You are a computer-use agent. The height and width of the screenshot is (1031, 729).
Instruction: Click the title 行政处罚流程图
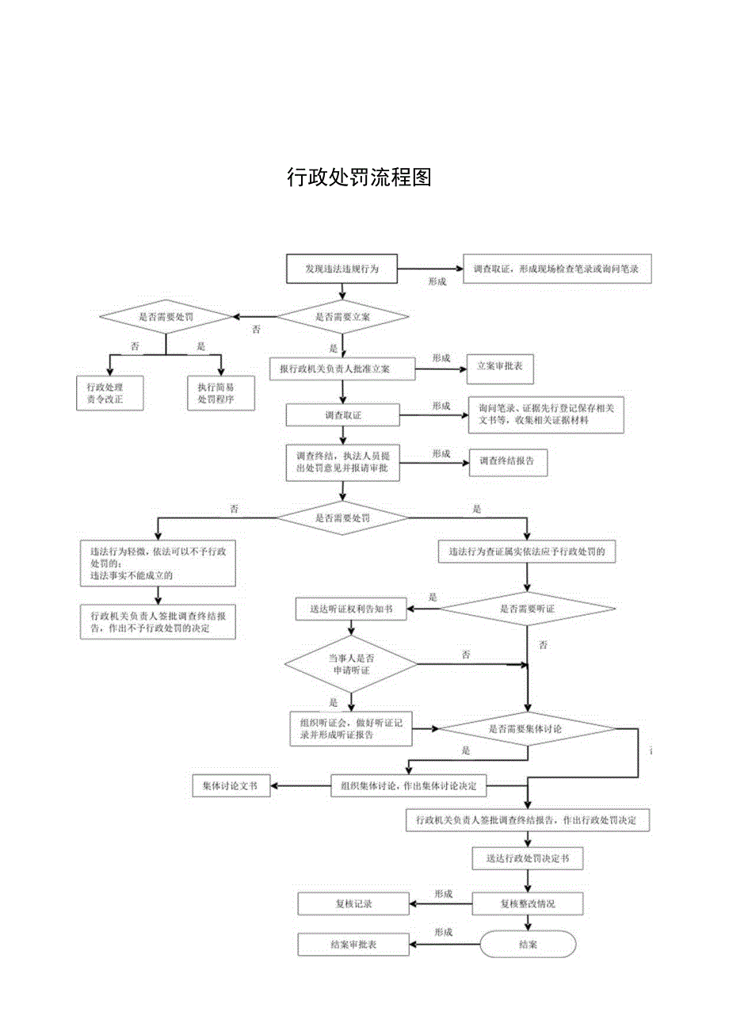tap(359, 177)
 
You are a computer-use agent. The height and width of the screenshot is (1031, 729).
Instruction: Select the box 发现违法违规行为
tap(342, 269)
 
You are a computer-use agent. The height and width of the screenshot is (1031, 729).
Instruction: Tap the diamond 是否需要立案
tap(342, 316)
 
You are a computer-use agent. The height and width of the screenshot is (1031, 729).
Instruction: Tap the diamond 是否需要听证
tap(527, 609)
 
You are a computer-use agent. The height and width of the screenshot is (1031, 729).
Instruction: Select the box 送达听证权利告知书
tap(350, 609)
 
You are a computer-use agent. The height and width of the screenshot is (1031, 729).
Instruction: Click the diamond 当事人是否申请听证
tap(351, 664)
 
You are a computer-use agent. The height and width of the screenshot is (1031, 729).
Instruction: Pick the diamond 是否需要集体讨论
tap(527, 727)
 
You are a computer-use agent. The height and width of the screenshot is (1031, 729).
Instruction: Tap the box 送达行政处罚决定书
tap(527, 857)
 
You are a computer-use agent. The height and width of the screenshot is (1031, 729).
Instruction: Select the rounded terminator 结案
tap(528, 944)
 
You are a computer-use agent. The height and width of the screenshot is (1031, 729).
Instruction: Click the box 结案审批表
tap(353, 945)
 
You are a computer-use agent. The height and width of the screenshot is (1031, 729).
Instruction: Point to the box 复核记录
tap(353, 903)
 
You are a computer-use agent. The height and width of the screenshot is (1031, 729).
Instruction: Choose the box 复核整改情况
tap(528, 903)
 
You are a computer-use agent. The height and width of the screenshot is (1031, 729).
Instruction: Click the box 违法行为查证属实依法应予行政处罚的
tap(527, 552)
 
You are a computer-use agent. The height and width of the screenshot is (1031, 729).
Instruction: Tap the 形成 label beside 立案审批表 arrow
tap(441, 358)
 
